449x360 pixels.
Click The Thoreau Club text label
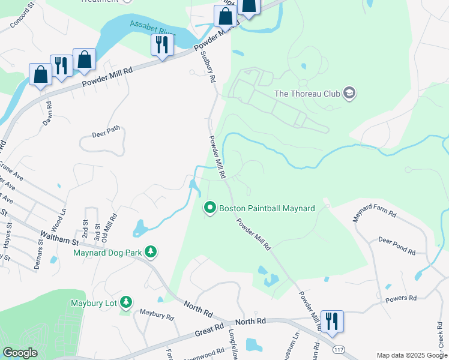307,94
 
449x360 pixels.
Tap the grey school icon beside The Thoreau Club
350,93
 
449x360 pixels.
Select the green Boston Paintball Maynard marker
210,208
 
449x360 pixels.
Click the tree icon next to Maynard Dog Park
152,252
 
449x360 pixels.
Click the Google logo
20,352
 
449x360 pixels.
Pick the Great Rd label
208,331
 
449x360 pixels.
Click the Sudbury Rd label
206,71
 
